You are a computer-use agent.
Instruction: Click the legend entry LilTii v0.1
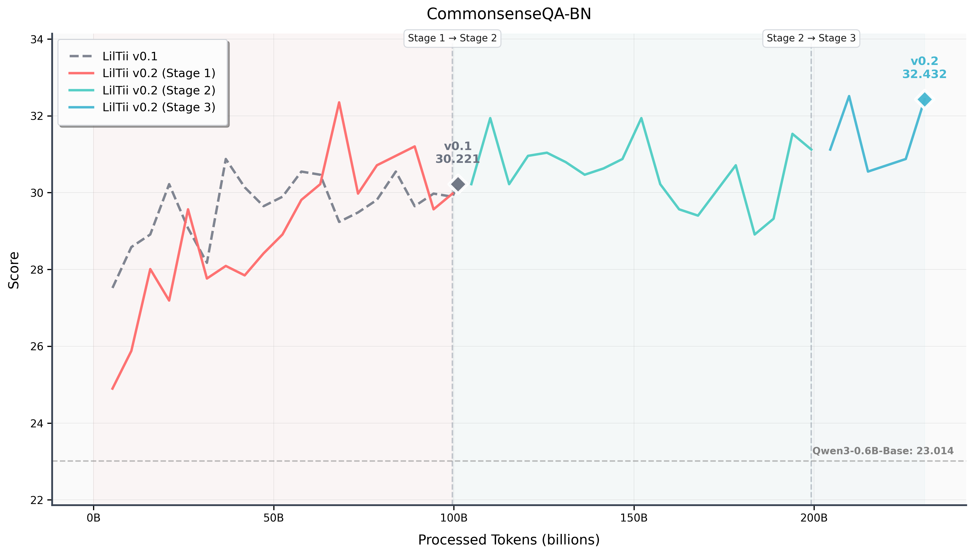coord(130,56)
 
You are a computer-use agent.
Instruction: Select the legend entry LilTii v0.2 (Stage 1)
coord(159,73)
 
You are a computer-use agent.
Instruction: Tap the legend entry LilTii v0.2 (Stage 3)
coord(159,107)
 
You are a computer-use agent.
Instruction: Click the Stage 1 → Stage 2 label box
coord(452,38)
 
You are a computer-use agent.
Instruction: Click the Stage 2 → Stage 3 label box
coord(811,38)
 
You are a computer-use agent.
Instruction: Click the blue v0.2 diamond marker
coord(924,100)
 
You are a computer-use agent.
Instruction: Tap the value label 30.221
coord(457,159)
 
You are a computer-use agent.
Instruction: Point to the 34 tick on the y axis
coord(36,39)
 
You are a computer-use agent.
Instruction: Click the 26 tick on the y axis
coord(36,347)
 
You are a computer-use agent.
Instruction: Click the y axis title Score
coord(14,270)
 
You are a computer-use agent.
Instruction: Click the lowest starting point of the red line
coord(112,389)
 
